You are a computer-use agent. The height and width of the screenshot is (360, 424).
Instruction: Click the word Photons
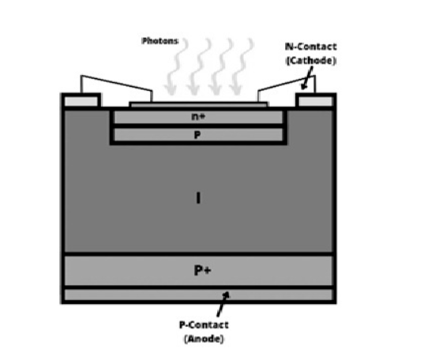coord(160,41)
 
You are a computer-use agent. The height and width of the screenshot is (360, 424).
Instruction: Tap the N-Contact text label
coord(311,47)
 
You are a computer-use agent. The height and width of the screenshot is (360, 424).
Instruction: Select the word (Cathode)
coord(311,60)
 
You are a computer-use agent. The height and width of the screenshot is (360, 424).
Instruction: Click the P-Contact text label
coord(204,324)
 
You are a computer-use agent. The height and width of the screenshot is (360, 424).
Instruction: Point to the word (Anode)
coord(204,339)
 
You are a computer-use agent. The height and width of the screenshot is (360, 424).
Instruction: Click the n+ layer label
coord(198,117)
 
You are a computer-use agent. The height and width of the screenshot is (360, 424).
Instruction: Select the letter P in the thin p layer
coord(197,135)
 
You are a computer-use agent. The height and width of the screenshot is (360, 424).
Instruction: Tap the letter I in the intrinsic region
coord(198,197)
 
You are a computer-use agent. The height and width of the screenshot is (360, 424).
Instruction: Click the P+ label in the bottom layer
coord(203,270)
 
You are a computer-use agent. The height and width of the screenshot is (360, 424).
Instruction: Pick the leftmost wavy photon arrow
coord(176,66)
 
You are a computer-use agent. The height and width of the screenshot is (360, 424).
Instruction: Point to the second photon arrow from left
coord(199,66)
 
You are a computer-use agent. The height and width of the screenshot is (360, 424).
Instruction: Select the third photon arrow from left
coord(220,66)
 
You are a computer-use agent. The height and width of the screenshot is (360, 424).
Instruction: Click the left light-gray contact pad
coord(81,101)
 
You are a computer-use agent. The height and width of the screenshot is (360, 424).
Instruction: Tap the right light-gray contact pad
coord(315,101)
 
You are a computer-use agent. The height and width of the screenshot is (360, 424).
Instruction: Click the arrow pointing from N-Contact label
coord(308,77)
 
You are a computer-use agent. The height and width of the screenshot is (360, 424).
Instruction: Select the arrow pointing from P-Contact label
coord(223,304)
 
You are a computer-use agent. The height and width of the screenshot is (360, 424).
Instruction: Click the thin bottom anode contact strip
coord(198,294)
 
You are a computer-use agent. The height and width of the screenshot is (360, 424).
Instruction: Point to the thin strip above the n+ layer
coord(199,104)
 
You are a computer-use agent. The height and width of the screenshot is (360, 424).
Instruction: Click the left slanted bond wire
coord(116,83)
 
